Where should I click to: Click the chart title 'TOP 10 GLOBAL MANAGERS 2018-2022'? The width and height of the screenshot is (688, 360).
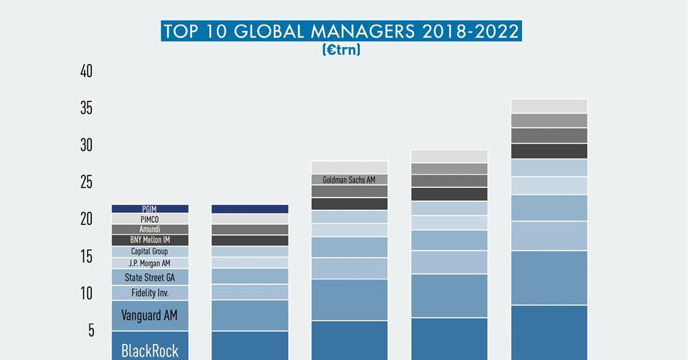coord(341,32)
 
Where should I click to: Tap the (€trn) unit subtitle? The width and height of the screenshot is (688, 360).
coord(341,50)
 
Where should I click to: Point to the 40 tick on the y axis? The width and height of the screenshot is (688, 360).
coord(86,71)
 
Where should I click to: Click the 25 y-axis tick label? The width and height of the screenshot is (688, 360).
coord(86,182)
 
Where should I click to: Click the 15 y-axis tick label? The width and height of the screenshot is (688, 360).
coord(86,256)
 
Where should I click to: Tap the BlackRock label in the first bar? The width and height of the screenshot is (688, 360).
coord(150,350)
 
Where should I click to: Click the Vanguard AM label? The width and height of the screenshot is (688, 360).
coord(150,315)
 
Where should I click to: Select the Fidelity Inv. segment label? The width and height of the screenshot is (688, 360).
coord(150,293)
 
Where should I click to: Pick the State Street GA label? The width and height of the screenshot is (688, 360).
coord(150,277)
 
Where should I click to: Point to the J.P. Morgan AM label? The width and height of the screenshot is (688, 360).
coord(150,263)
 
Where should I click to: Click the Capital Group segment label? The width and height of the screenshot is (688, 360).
coord(150,252)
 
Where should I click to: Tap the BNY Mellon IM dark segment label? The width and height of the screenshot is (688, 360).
coord(150,240)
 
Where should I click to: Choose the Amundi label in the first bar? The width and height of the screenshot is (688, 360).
coord(150,230)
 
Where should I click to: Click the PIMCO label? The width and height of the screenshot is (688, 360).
coord(150,219)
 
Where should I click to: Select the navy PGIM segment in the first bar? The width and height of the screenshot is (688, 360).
coord(150,210)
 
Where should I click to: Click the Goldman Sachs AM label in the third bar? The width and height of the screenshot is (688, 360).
coord(349,180)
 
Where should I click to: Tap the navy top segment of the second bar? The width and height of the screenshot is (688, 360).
coord(250,209)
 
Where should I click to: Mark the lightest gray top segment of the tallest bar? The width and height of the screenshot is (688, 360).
coord(549,106)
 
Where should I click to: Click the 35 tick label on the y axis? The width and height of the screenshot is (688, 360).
coord(86,108)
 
